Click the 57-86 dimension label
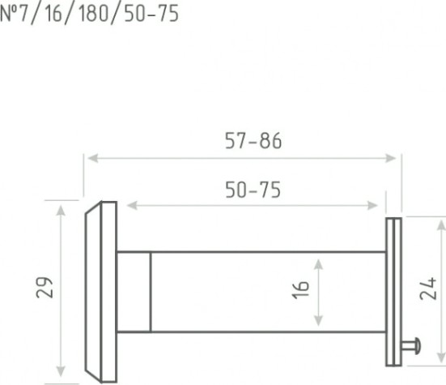(x=253, y=141)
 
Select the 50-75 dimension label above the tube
(x=253, y=190)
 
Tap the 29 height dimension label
(x=45, y=287)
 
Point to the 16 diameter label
(x=300, y=290)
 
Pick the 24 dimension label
(x=428, y=289)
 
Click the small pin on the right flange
(x=411, y=346)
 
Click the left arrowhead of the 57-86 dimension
(x=93, y=158)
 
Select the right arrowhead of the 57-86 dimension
(x=390, y=158)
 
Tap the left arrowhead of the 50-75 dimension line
(x=132, y=205)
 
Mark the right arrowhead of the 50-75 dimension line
(x=372, y=205)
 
